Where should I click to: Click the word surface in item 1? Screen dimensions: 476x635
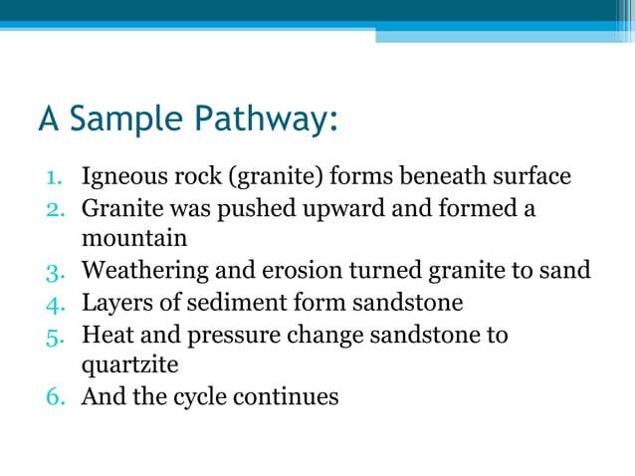tap(530, 177)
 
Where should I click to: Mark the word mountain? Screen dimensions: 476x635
tap(134, 239)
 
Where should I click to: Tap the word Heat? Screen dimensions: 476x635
tap(105, 333)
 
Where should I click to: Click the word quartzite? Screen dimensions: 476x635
tap(129, 364)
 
